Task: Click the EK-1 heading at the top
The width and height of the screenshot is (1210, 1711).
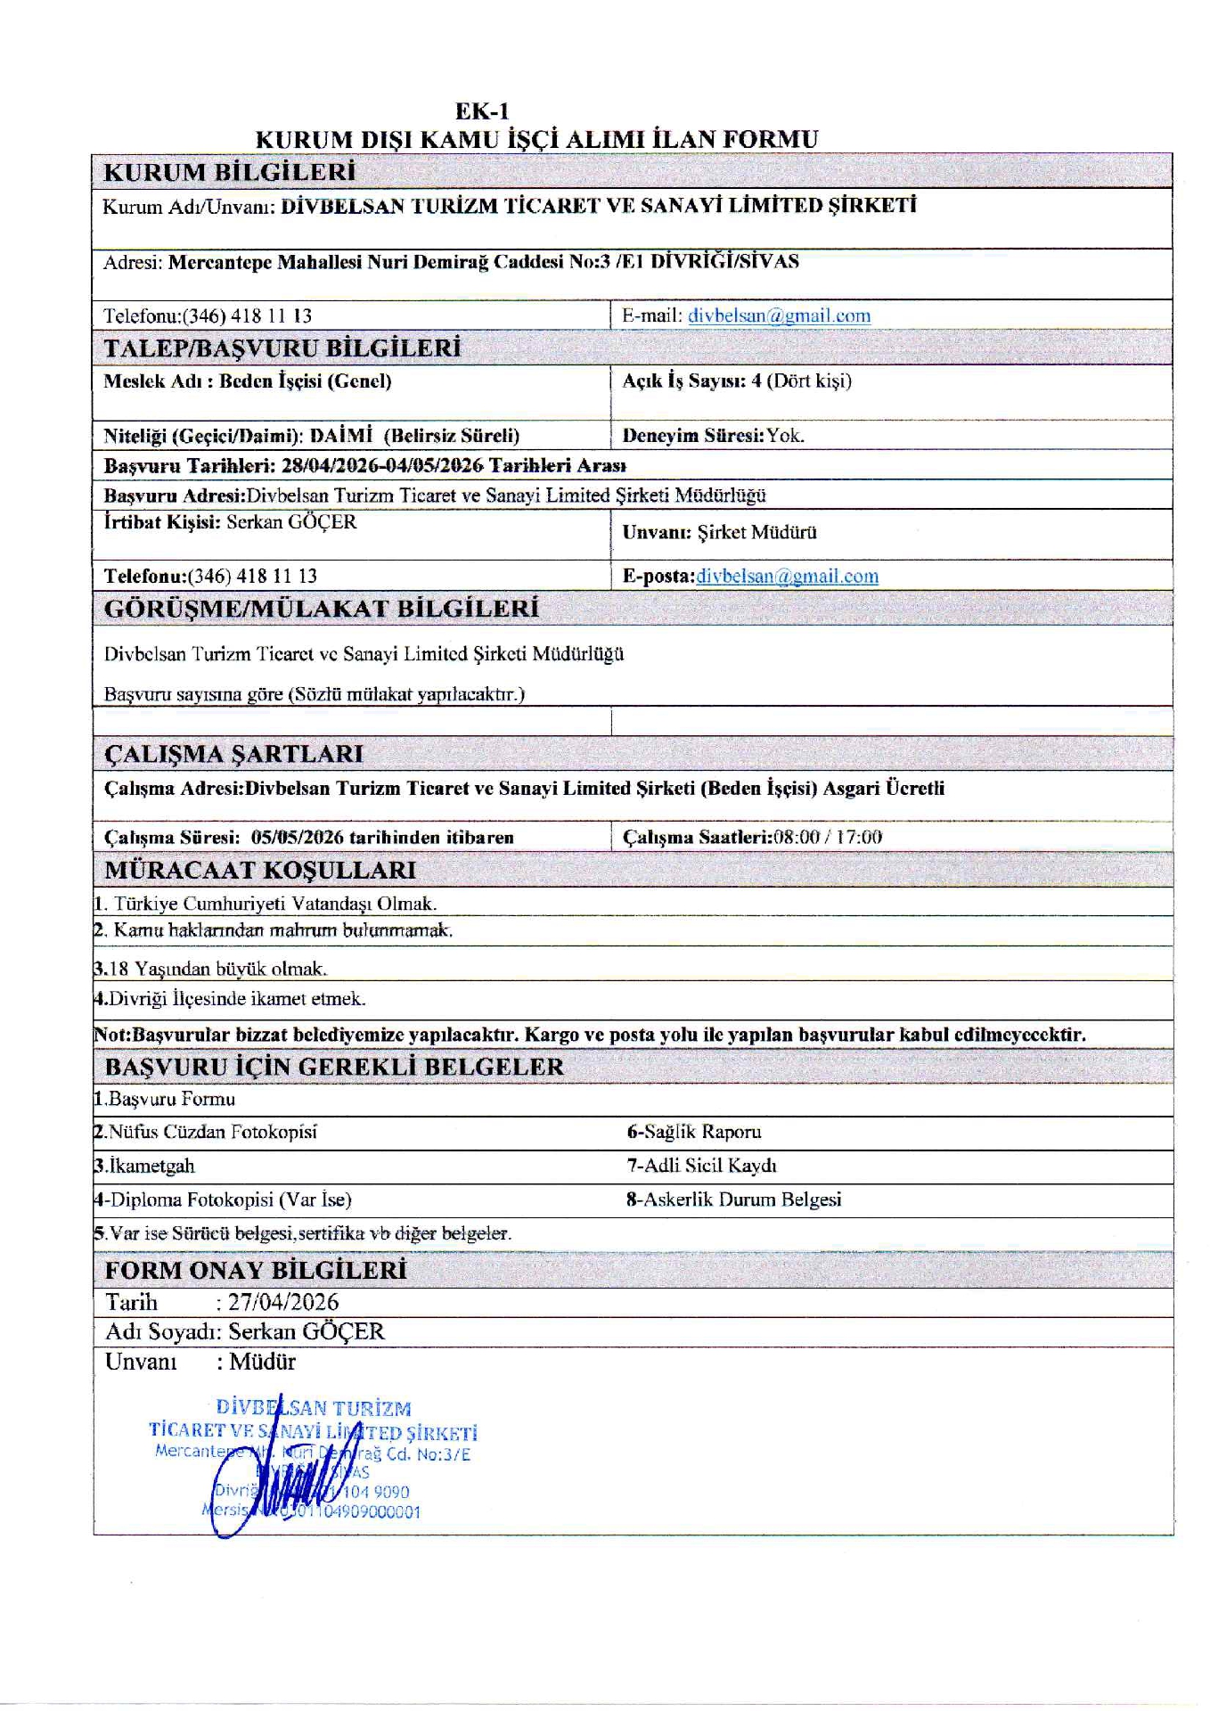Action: pyautogui.click(x=482, y=111)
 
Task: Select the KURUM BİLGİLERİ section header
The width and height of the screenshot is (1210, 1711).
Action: pyautogui.click(x=230, y=171)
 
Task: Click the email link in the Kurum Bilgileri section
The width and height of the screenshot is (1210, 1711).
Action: pyautogui.click(x=779, y=315)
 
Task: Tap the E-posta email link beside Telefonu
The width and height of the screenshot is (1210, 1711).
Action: pyautogui.click(x=787, y=577)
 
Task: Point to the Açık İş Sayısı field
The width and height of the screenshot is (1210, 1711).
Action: pyautogui.click(x=737, y=381)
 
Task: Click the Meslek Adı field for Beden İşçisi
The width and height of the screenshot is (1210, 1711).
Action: pyautogui.click(x=248, y=381)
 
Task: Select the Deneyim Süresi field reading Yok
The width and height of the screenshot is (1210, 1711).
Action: pyautogui.click(x=713, y=436)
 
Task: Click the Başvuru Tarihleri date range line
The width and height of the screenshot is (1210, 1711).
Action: pyautogui.click(x=364, y=465)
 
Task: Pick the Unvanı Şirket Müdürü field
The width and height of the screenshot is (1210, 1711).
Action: pyautogui.click(x=719, y=533)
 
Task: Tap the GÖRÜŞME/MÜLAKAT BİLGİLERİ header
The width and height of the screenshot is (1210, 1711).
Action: pyautogui.click(x=322, y=609)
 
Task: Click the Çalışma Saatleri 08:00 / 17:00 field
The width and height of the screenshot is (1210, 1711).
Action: pyautogui.click(x=752, y=837)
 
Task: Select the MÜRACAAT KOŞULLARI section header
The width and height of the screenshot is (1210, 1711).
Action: pyautogui.click(x=260, y=870)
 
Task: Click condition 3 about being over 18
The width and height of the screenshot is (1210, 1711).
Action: pyautogui.click(x=211, y=969)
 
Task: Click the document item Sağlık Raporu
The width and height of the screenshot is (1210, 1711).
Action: pyautogui.click(x=694, y=1133)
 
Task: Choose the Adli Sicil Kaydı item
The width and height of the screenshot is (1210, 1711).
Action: pyautogui.click(x=701, y=1167)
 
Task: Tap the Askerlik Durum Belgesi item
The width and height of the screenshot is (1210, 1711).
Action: pyautogui.click(x=733, y=1200)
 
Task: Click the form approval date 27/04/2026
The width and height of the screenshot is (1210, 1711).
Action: pyautogui.click(x=283, y=1303)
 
